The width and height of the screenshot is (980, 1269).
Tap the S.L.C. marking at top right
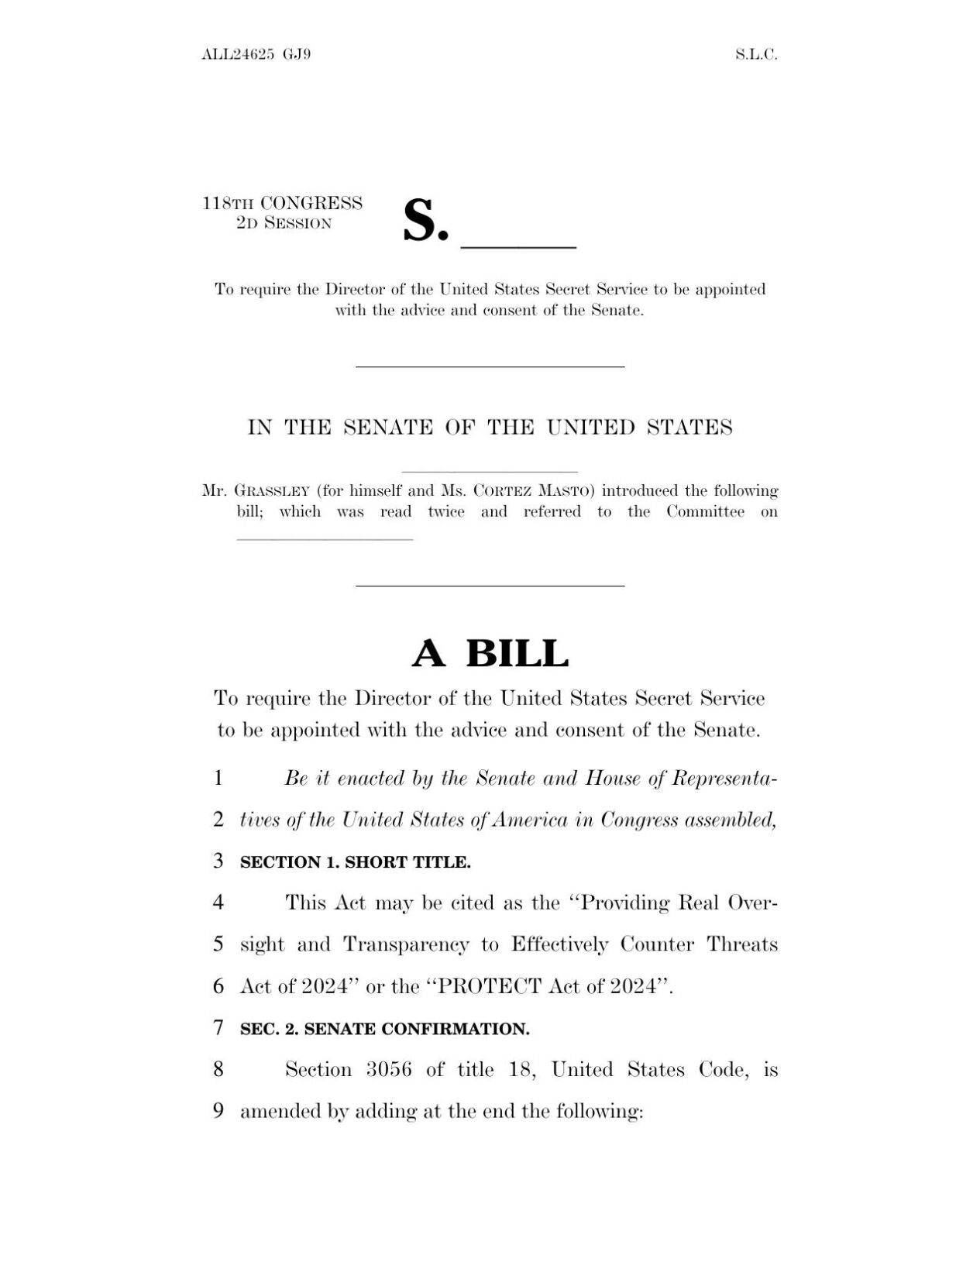pos(756,55)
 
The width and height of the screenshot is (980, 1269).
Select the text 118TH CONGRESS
pos(282,204)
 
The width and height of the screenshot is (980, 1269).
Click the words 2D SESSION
pos(284,224)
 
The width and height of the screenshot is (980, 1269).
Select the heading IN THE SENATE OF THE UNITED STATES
pos(490,428)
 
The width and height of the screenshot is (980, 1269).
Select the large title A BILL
pos(490,653)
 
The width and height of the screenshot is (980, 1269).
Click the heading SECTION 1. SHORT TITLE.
pos(356,862)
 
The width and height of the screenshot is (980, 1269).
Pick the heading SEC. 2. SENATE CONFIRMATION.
pos(385,1030)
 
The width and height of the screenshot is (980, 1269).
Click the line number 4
pos(218,903)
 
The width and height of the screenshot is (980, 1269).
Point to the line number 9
pos(218,1112)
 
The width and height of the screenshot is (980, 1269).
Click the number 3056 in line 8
pos(390,1070)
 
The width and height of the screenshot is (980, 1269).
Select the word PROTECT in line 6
pos(490,986)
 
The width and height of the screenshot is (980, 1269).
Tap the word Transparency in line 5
pos(406,944)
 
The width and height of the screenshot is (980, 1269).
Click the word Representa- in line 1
pos(724,779)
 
